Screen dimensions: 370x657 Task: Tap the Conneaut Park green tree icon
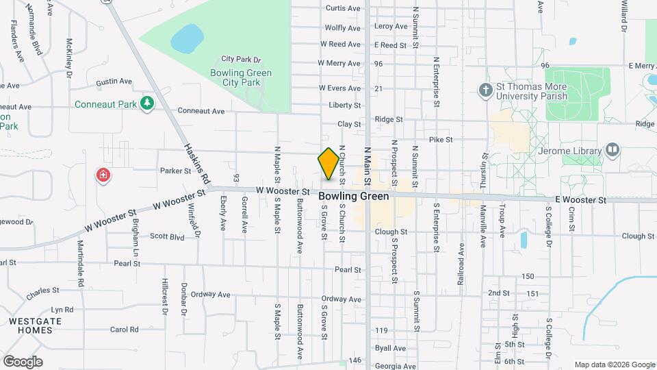point(146,103)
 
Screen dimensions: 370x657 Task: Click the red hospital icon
point(103,175)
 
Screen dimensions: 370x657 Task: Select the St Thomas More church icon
point(485,90)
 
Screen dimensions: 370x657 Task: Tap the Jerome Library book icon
point(612,150)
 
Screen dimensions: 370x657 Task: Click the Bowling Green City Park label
point(242,77)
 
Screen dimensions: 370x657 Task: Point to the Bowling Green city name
point(354,196)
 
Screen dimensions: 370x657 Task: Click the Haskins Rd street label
point(196,163)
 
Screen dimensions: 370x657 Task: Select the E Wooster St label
point(580,200)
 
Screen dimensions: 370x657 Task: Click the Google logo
point(23,361)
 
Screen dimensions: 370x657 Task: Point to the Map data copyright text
point(614,365)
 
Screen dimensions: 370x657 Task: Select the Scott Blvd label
point(168,236)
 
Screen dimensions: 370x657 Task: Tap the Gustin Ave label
point(114,82)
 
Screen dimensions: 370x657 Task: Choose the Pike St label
point(441,140)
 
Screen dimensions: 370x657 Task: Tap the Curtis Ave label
point(343,9)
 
